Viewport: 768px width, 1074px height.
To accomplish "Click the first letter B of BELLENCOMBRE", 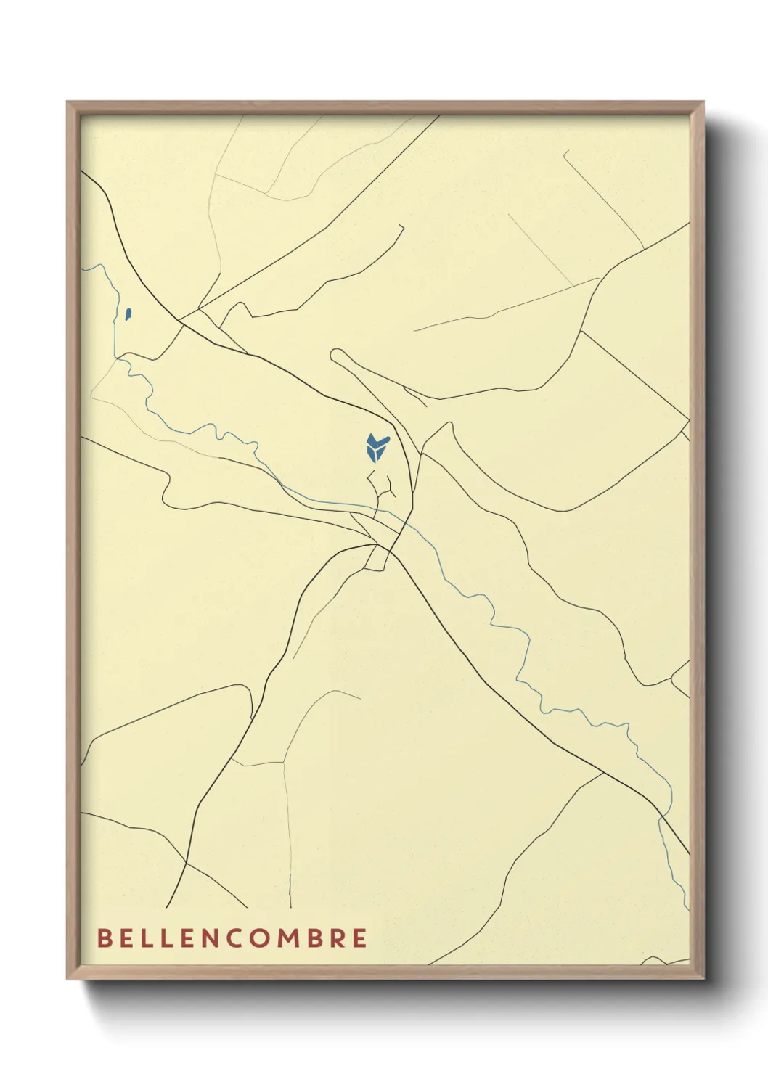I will click(105, 938).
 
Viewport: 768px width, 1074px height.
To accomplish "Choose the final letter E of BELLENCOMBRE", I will click(359, 938).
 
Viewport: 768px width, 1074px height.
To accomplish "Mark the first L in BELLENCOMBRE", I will click(145, 938).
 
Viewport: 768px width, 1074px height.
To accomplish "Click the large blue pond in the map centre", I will click(375, 447).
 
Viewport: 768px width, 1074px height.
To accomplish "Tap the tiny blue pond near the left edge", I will click(128, 314).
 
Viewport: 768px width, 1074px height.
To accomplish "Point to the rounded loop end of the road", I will click(335, 355).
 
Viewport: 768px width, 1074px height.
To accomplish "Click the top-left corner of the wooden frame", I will click(68, 102).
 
